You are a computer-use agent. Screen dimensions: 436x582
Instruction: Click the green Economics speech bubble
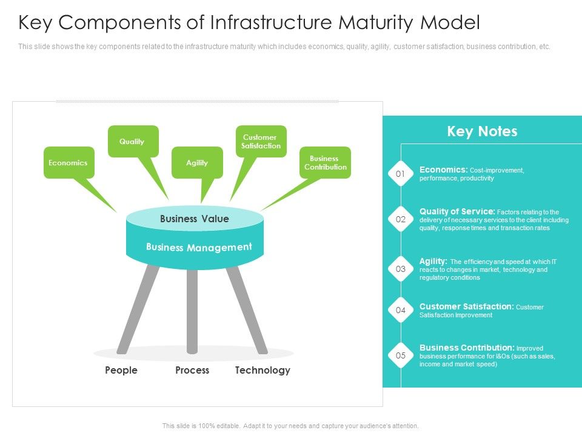point(69,162)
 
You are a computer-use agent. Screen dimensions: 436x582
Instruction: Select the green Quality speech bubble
point(132,141)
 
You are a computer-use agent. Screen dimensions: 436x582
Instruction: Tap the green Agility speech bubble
point(197,162)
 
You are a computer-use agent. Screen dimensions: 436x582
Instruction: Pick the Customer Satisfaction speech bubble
point(261,141)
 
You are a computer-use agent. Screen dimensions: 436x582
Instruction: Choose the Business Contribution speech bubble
point(325,162)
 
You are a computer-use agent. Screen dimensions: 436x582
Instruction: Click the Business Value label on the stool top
point(194,219)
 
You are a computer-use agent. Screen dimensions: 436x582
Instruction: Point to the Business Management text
point(198,247)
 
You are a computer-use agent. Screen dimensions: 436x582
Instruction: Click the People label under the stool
point(121,370)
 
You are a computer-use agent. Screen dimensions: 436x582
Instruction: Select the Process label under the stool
point(192,370)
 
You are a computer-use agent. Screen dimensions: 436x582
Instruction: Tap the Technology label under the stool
point(263,370)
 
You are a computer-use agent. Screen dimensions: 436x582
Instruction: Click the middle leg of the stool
point(192,309)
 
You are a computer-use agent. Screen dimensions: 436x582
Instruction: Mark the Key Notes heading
point(482,131)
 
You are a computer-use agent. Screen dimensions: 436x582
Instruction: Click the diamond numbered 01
point(400,174)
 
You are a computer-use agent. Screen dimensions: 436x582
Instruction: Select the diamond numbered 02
point(400,219)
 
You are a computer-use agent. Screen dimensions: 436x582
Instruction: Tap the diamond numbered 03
point(400,269)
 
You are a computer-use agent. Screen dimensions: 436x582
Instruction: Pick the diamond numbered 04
point(400,310)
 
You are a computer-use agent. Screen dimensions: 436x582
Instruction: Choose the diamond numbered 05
point(400,355)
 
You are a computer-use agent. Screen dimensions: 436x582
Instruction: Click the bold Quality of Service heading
point(457,211)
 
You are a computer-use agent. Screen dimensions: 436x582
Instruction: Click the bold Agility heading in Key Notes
point(433,261)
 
